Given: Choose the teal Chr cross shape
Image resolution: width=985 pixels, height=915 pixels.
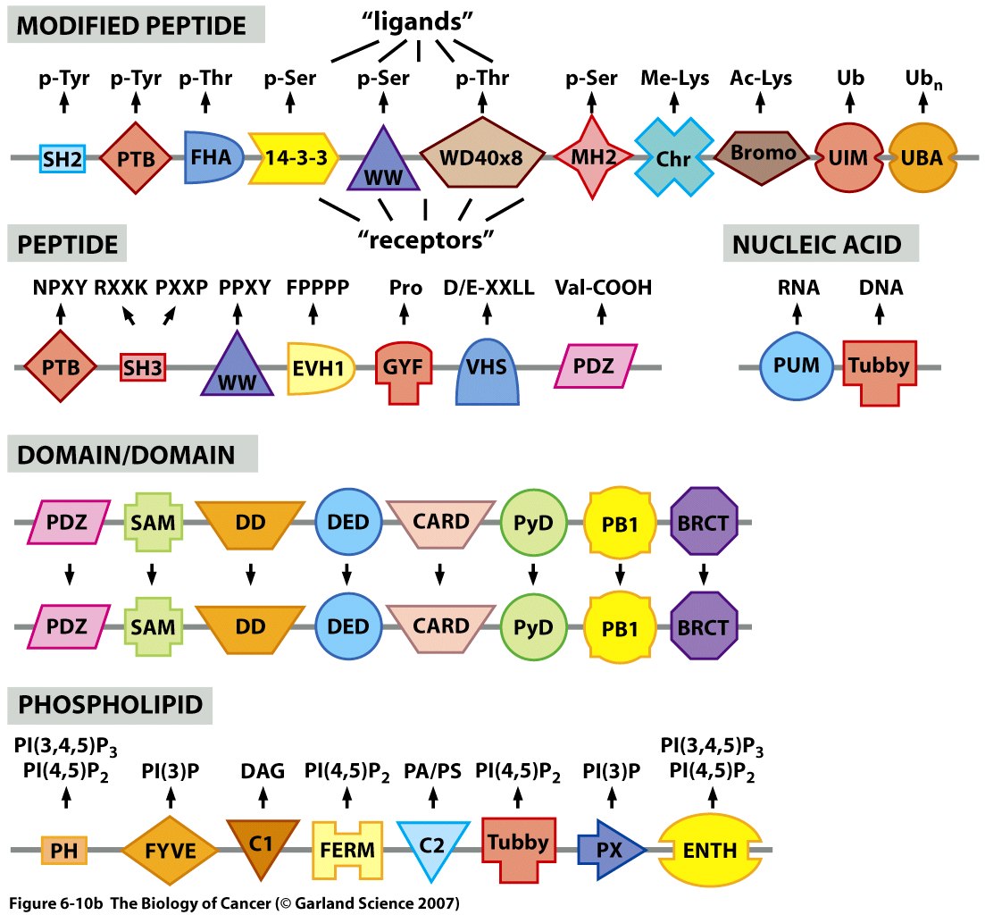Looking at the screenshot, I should [674, 158].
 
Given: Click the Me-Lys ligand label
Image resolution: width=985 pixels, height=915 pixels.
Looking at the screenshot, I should [674, 79].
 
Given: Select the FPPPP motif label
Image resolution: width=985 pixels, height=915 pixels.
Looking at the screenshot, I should [318, 288].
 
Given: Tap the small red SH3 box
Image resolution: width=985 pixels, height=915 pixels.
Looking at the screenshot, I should [144, 366].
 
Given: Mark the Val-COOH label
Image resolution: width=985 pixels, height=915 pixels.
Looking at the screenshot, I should [603, 288].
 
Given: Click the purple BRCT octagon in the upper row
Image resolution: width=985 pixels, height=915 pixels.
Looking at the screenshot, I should [703, 522].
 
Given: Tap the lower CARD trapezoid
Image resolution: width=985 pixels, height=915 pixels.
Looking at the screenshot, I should [441, 625].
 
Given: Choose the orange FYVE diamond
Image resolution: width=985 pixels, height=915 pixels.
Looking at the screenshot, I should [170, 846].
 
